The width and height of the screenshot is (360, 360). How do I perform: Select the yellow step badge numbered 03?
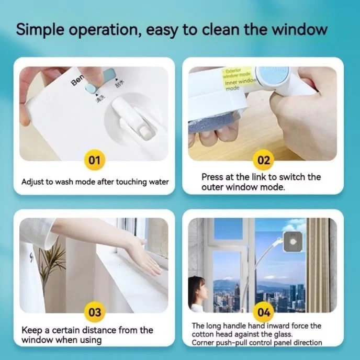(94, 312)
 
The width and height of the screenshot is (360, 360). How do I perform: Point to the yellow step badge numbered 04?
(264, 312)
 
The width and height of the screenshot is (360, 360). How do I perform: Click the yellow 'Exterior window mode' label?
(233, 73)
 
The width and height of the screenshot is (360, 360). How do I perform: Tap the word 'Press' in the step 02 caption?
(213, 177)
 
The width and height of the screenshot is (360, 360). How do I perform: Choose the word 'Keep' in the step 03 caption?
(32, 330)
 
